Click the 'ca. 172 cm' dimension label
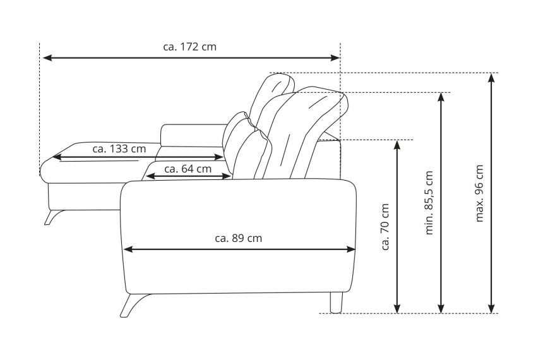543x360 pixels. pyautogui.click(x=190, y=47)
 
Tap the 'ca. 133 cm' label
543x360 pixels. pyautogui.click(x=119, y=149)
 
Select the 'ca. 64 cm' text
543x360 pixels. pyautogui.click(x=188, y=169)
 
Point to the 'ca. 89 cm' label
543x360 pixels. pyautogui.click(x=238, y=238)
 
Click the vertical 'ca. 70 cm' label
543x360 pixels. pyautogui.click(x=385, y=227)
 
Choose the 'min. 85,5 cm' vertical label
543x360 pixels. pyautogui.click(x=429, y=203)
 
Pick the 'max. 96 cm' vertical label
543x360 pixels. pyautogui.click(x=479, y=193)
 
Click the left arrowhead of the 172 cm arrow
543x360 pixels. pyautogui.click(x=47, y=58)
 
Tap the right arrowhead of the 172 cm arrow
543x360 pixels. pyautogui.click(x=335, y=58)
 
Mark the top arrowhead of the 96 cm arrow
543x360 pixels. pyautogui.click(x=491, y=78)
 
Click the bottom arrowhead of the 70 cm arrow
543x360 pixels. pyautogui.click(x=397, y=308)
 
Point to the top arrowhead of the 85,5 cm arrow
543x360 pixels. pyautogui.click(x=441, y=98)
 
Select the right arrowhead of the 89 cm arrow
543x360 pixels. pyautogui.click(x=350, y=249)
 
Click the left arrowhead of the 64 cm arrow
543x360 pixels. pyautogui.click(x=151, y=176)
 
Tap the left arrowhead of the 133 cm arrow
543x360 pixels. pyautogui.click(x=57, y=157)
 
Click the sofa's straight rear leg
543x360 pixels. pyautogui.click(x=336, y=303)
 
